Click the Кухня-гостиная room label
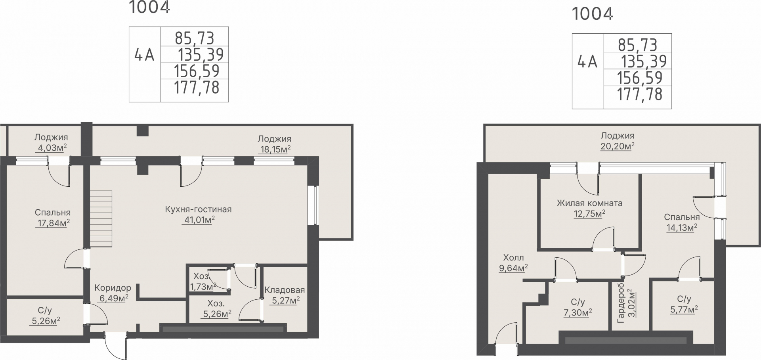click(x=198, y=209)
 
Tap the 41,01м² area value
click(x=198, y=220)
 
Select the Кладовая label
click(x=285, y=290)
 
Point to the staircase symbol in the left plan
click(x=101, y=219)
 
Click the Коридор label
click(x=113, y=288)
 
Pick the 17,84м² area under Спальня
click(x=53, y=223)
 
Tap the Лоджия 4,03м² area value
click(x=51, y=148)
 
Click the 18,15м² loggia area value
click(x=275, y=149)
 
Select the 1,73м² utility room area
click(x=203, y=286)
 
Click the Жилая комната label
click(x=589, y=203)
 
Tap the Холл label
click(x=513, y=258)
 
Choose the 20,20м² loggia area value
click(x=618, y=146)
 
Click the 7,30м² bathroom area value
click(x=578, y=313)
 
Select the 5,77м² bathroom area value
click(x=684, y=310)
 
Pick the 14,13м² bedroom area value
click(x=682, y=228)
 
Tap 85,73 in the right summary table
click(x=638, y=45)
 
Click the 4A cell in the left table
click(x=145, y=55)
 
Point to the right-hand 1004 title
click(x=593, y=14)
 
